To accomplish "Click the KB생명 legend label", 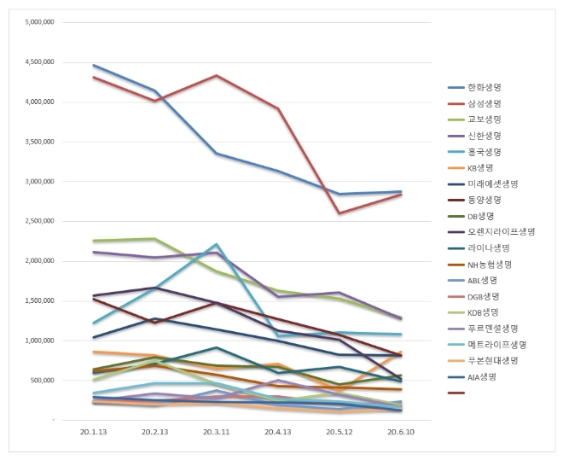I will (x=482, y=167).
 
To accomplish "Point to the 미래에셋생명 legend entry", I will (x=492, y=183).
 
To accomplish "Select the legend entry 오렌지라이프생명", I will (x=501, y=231).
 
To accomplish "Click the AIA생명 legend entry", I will (x=483, y=376).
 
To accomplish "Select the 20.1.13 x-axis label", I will (x=94, y=433).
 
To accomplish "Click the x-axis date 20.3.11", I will (x=217, y=433).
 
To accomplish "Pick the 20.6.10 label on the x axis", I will (x=402, y=433).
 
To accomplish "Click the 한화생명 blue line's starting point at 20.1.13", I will (x=94, y=65).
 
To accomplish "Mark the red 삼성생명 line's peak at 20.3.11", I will (x=217, y=76).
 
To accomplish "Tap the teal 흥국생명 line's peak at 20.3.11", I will (x=217, y=244).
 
